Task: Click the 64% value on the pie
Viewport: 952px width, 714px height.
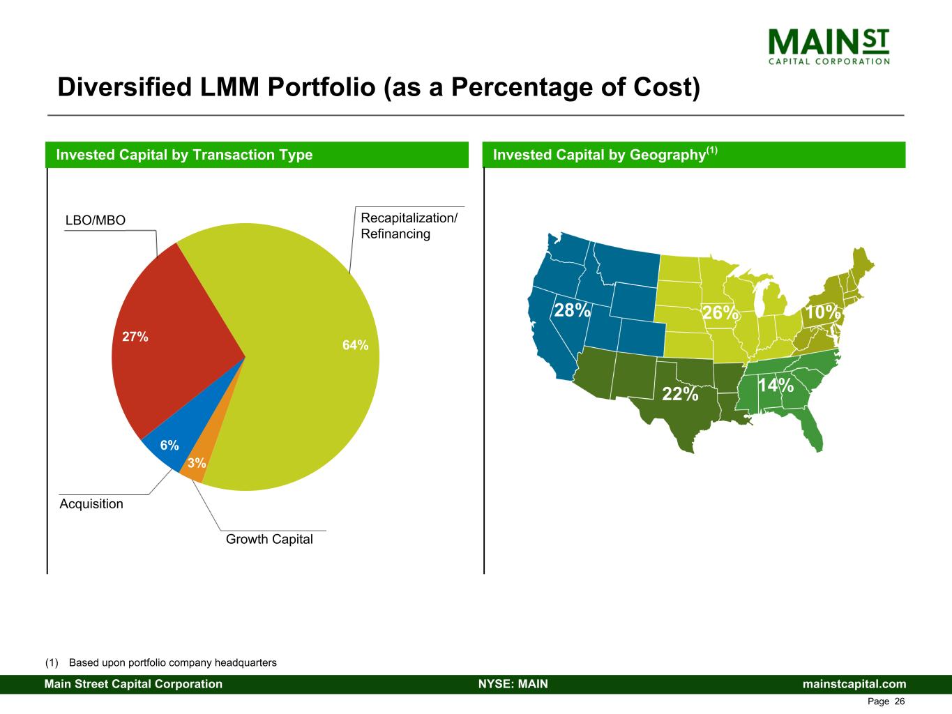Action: tap(356, 344)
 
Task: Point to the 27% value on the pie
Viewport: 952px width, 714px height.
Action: tap(135, 337)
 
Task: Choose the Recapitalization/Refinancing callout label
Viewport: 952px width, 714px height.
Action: tap(409, 226)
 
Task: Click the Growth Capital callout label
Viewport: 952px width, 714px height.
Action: tap(269, 539)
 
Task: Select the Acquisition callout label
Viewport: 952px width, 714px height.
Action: tap(91, 503)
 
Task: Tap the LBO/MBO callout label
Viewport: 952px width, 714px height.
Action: tap(96, 220)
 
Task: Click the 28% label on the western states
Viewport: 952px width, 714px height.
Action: tap(572, 310)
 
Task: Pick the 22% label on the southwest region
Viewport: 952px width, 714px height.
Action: tap(680, 395)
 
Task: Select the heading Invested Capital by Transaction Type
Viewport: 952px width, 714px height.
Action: tap(184, 155)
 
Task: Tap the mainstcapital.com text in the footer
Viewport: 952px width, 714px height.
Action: tap(854, 684)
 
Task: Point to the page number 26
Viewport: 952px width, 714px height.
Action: tap(899, 701)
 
